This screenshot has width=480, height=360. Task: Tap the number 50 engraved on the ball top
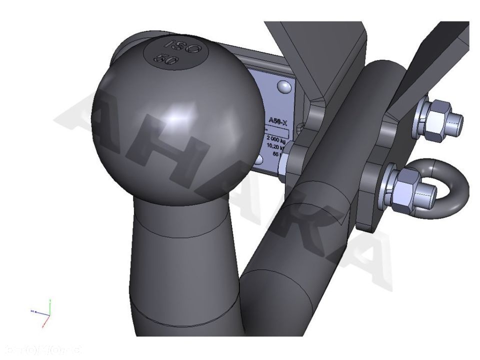166,58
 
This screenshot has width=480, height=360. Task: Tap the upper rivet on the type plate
284,87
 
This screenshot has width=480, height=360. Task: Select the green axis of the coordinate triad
50,306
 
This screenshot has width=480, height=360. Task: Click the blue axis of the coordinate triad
38,311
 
